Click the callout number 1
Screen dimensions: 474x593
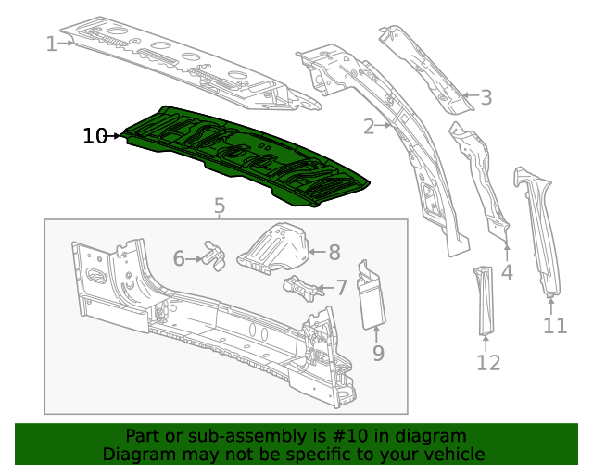tap(51, 43)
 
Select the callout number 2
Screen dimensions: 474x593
tap(369, 126)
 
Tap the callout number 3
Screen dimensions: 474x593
tap(486, 96)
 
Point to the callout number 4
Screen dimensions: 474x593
tap(507, 272)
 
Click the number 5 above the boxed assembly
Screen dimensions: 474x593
tap(219, 206)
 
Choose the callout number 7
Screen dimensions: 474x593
tap(341, 288)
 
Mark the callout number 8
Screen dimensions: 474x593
tap(334, 250)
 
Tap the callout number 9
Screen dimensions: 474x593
tap(378, 352)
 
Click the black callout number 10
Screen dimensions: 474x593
tap(95, 136)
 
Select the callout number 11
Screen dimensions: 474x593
tap(554, 325)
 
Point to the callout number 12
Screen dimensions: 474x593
tap(488, 362)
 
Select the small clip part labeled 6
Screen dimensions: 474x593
tap(215, 256)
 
